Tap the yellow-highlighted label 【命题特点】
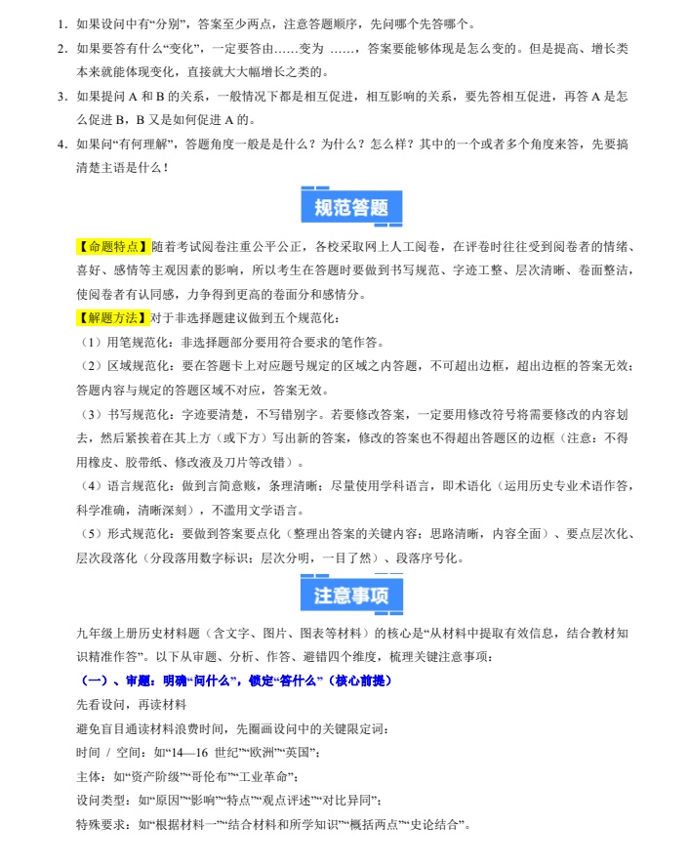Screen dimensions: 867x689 click(113, 246)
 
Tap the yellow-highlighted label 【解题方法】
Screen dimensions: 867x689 click(113, 317)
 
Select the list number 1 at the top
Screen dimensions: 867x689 click(61, 23)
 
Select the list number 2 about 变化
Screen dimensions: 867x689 click(61, 48)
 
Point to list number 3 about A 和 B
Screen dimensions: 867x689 click(61, 97)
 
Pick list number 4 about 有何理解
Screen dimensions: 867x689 click(61, 144)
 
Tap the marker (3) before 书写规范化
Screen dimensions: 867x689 click(89, 414)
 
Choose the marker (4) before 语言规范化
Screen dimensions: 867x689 click(89, 485)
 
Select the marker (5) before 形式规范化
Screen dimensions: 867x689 click(89, 533)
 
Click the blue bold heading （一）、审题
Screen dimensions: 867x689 click(234, 680)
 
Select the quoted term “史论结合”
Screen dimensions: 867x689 click(435, 824)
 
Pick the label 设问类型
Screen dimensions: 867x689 click(101, 801)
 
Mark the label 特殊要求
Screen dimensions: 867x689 click(101, 824)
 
